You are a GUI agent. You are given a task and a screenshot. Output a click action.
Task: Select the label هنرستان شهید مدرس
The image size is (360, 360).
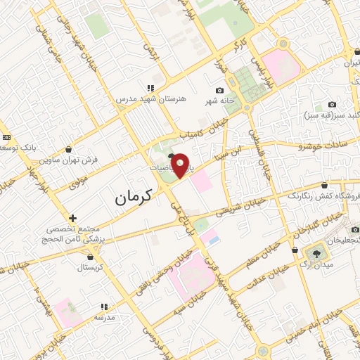152,99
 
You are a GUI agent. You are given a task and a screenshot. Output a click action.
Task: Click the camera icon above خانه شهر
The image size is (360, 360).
220,91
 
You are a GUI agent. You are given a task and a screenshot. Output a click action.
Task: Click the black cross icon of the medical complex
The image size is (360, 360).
73,218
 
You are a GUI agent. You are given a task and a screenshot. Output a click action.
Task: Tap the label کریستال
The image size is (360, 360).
90,268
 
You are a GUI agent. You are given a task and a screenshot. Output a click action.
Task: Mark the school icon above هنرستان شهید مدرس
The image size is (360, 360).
150,89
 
